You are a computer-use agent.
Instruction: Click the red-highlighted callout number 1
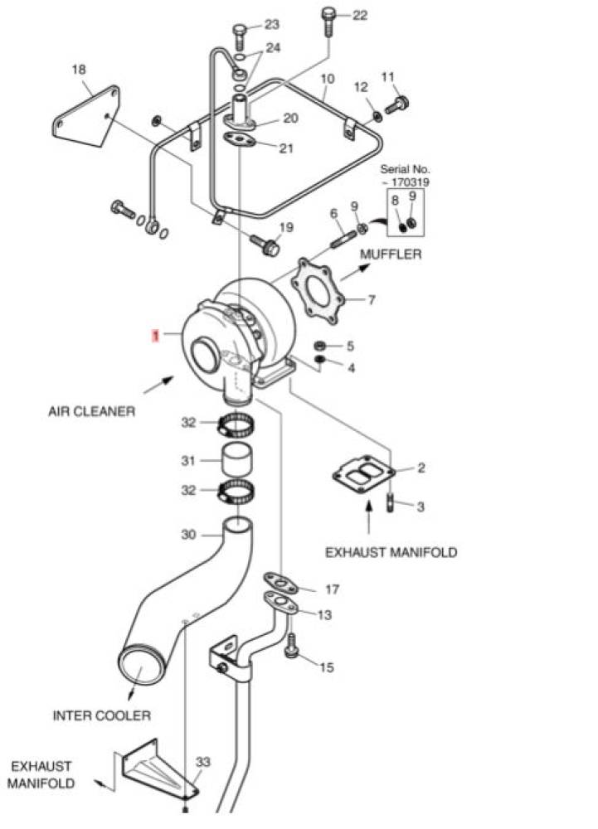tap(155, 335)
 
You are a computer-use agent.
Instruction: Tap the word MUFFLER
tap(391, 255)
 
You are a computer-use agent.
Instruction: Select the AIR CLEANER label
tap(91, 411)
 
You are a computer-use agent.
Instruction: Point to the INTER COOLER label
tap(101, 716)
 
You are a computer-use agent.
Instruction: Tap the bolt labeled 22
tap(328, 22)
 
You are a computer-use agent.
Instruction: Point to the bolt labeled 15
tap(292, 646)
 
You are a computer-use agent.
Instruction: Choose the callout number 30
tap(188, 535)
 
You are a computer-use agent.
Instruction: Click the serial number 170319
tap(410, 182)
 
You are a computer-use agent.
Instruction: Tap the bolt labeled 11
tap(397, 104)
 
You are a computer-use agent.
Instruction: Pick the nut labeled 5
tap(319, 346)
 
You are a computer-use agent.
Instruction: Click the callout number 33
tap(203, 762)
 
